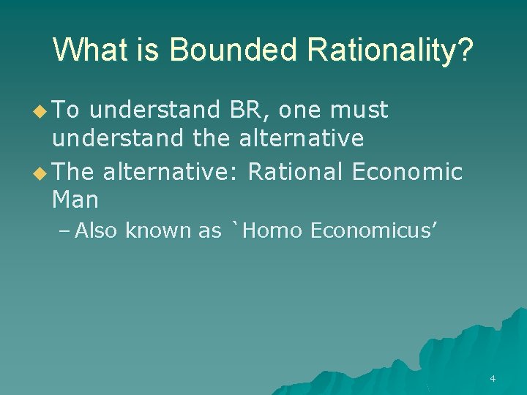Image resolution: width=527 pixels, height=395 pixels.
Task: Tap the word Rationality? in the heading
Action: point(391,50)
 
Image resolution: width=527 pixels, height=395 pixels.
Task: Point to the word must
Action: point(359,110)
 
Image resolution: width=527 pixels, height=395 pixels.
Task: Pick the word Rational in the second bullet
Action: point(295,172)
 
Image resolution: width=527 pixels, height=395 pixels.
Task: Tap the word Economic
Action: point(408,172)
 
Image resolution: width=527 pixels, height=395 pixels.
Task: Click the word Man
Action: point(75,199)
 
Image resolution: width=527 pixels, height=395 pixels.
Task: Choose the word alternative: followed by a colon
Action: point(172,172)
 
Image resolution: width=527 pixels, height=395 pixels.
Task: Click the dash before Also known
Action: point(64,232)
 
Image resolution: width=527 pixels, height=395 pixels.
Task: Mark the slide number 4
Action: point(492,379)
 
